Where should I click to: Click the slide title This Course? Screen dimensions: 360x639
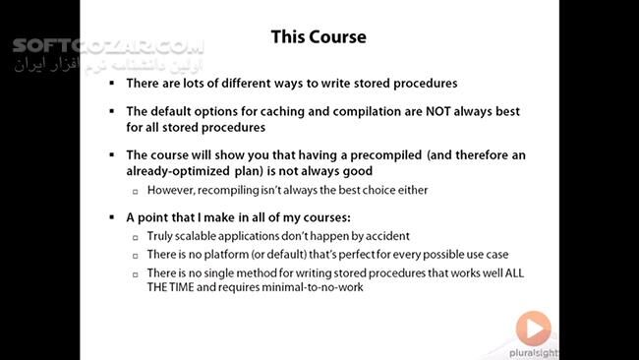[319, 37]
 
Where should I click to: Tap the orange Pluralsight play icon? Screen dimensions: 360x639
[532, 326]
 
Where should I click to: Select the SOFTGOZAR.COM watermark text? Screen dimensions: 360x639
[109, 46]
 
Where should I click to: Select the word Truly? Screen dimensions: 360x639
[161, 236]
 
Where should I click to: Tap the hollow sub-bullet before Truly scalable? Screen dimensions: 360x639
[136, 237]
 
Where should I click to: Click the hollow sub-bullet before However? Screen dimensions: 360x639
[136, 189]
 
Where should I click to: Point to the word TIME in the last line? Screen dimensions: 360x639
[187, 287]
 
